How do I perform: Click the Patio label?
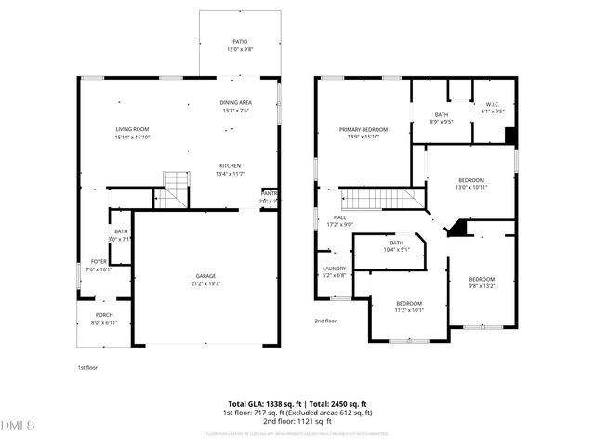coord(239,42)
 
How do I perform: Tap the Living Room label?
coord(131,129)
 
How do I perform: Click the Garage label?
coord(206,276)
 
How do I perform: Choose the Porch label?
coord(104,315)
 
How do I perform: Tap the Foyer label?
coord(98,262)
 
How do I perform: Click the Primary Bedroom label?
coord(363,129)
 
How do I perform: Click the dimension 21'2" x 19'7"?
coord(206,282)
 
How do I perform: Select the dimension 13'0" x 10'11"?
coord(471,187)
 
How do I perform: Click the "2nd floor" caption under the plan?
coord(324,321)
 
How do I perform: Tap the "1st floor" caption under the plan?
coord(86,367)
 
